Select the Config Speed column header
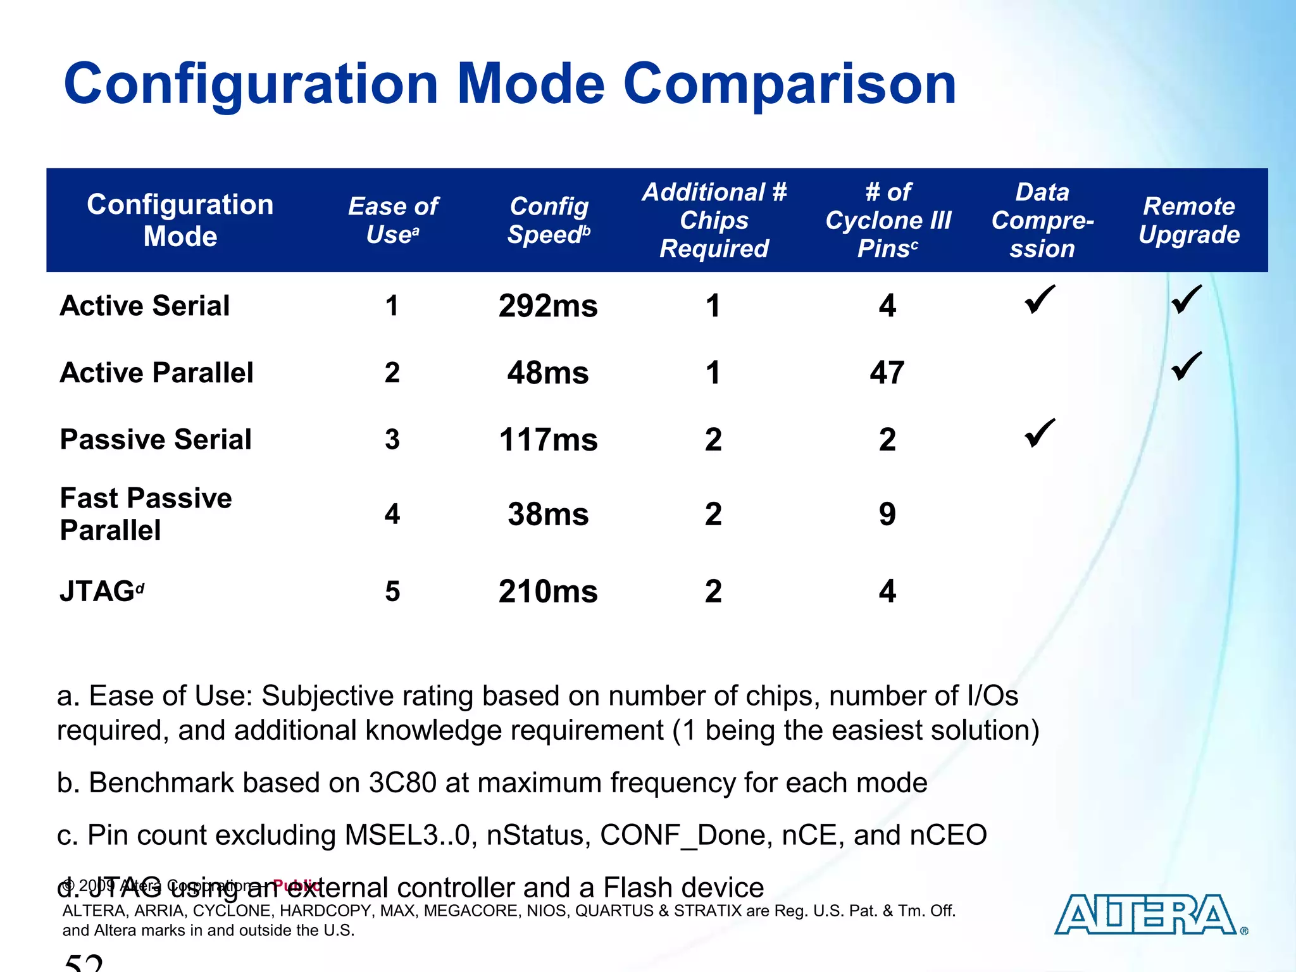pos(549,220)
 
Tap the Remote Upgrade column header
pos(1189,220)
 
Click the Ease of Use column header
pos(393,220)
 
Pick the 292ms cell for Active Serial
pos(548,306)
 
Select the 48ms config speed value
pos(548,373)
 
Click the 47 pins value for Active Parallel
pos(887,373)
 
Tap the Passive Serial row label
pos(156,439)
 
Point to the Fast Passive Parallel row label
pos(146,514)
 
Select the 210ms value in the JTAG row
pos(548,592)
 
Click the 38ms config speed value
pos(548,514)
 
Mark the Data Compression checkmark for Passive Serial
pos(1040,433)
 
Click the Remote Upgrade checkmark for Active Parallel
pos(1187,366)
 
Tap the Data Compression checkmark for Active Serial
pos(1040,299)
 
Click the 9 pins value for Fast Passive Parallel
pos(887,514)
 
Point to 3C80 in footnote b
pos(402,783)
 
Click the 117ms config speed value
pos(548,440)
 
